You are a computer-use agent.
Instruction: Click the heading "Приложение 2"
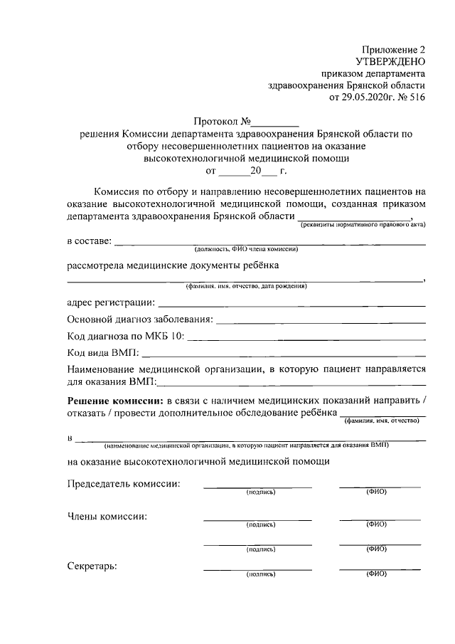[x=393, y=50]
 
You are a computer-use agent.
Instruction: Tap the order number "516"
[x=416, y=97]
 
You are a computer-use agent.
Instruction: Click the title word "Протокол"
[x=215, y=122]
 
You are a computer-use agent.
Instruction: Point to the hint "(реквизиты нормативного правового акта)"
[x=362, y=225]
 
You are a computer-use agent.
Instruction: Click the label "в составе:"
[x=89, y=241]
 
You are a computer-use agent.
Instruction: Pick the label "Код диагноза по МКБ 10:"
[x=126, y=336]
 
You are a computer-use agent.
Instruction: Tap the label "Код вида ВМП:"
[x=104, y=352]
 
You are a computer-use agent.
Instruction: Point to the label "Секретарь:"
[x=92, y=566]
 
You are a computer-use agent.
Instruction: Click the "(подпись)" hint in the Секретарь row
[x=260, y=574]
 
